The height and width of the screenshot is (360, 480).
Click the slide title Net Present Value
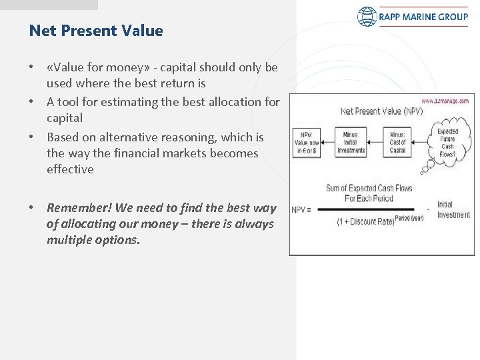pos(96,31)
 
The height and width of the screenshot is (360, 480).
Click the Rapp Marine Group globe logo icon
pos(367,17)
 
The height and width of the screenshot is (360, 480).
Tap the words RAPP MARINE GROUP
pos(424,17)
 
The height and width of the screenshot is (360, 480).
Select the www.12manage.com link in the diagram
pos(445,101)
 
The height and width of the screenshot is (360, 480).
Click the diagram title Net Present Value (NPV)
pos(381,111)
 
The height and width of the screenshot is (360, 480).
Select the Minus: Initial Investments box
pos(351,142)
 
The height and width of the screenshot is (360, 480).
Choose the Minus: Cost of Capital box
pos(397,142)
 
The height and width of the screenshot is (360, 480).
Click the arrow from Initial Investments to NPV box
pos(328,141)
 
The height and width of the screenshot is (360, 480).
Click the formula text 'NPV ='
pos(302,209)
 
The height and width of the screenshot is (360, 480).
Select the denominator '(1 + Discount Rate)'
pos(365,221)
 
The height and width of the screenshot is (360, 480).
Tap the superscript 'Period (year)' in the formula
pos(409,218)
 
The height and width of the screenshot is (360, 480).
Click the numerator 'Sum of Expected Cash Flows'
pos(369,188)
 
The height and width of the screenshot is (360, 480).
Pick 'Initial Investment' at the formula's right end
pos(453,209)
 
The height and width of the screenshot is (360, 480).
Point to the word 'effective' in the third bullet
pos(70,169)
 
